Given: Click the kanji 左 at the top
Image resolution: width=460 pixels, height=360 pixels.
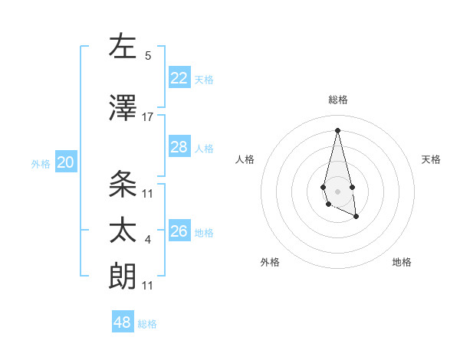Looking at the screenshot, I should pyautogui.click(x=123, y=47).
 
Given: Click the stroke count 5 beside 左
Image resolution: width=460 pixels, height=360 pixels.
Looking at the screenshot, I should pyautogui.click(x=148, y=56).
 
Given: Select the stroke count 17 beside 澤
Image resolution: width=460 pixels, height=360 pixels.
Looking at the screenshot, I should pyautogui.click(x=148, y=117).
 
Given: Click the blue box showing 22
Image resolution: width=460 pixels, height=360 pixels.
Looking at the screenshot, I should pyautogui.click(x=179, y=77).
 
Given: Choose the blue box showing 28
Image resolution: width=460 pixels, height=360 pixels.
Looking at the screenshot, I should pyautogui.click(x=179, y=147).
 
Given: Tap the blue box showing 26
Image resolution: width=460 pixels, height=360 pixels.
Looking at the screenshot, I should pyautogui.click(x=179, y=231).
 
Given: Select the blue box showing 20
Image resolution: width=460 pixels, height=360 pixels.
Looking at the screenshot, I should pyautogui.click(x=66, y=162).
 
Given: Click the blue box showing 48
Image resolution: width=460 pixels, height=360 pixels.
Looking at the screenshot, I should pyautogui.click(x=123, y=322).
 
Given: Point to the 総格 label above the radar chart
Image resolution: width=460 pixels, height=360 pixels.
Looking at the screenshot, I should pyautogui.click(x=337, y=100).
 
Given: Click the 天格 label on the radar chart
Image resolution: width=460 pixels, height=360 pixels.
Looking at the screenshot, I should pyautogui.click(x=431, y=159).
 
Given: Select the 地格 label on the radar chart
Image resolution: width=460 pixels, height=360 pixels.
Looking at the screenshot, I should pyautogui.click(x=402, y=262).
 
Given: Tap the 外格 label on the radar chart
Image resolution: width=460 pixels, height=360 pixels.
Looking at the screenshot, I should pyautogui.click(x=270, y=262).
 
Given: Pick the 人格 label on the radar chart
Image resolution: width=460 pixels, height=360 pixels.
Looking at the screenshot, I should pyautogui.click(x=245, y=159).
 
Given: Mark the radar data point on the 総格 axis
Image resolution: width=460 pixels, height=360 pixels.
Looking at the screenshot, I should pyautogui.click(x=337, y=130).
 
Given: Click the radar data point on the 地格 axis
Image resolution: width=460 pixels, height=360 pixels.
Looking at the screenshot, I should pyautogui.click(x=356, y=217).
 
